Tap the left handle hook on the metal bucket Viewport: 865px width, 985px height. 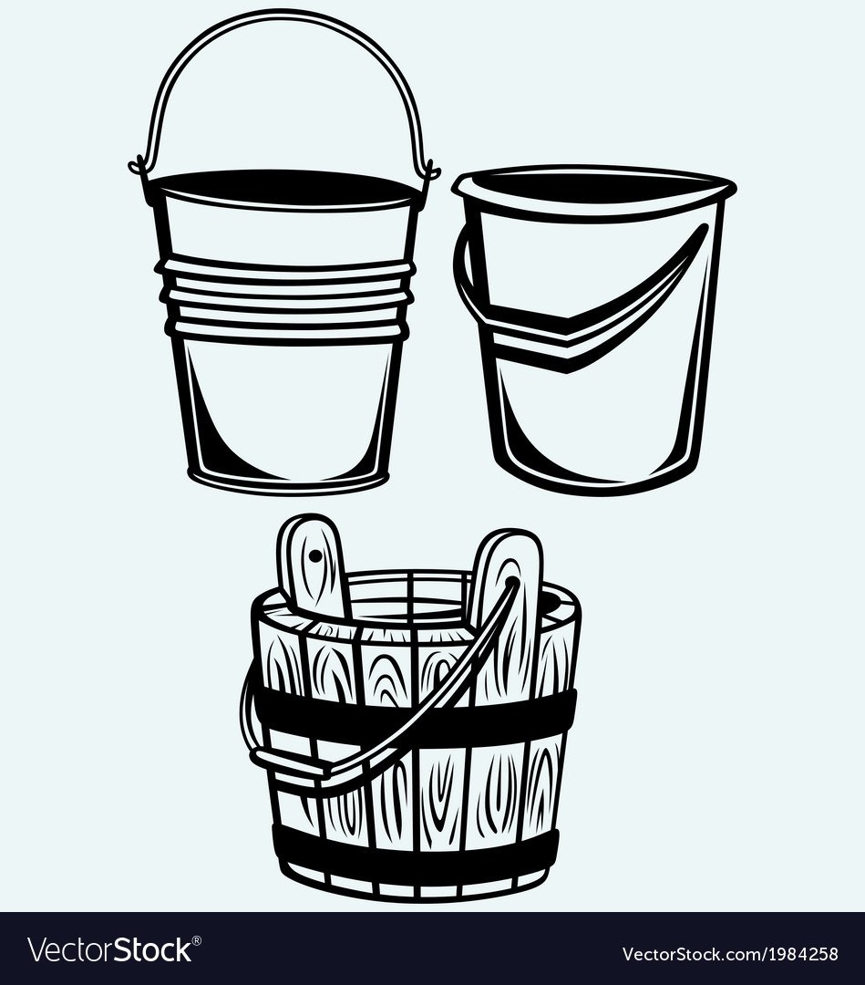click(x=137, y=167)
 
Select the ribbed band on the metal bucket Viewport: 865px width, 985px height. click(x=286, y=295)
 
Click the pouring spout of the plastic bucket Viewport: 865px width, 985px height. click(x=722, y=187)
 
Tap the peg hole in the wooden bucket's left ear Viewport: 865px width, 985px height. click(x=314, y=556)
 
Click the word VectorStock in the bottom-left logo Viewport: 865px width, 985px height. click(x=109, y=949)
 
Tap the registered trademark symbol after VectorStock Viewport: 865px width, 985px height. click(x=197, y=939)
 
